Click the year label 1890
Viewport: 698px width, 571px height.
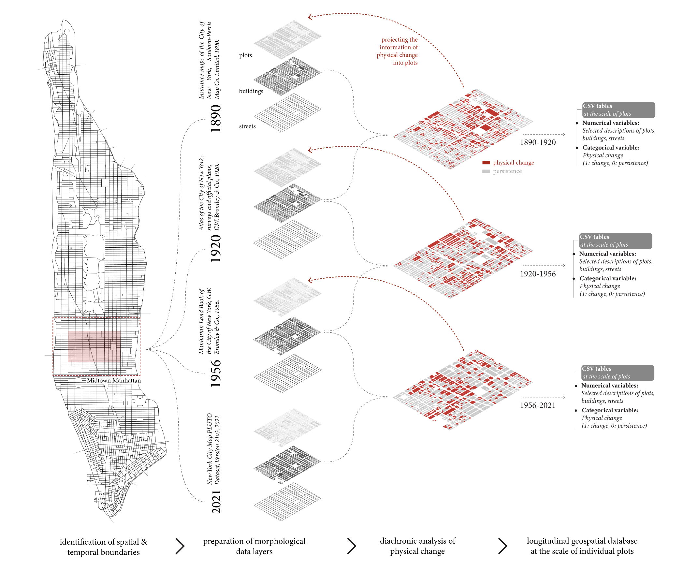[x=216, y=119]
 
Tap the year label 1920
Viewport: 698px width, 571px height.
[x=216, y=249]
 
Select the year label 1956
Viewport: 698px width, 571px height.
[x=216, y=373]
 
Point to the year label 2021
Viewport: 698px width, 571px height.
[x=216, y=502]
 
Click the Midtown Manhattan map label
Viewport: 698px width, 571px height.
[x=114, y=381]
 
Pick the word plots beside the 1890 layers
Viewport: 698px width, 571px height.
[x=246, y=55]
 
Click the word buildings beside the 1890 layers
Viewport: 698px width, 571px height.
[x=251, y=91]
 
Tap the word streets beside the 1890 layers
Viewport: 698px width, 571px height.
[x=247, y=126]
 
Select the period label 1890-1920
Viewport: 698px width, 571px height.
[x=538, y=142]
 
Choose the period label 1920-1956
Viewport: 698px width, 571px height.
[x=538, y=274]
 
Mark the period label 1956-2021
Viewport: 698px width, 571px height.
[x=538, y=405]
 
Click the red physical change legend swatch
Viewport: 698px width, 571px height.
[x=486, y=163]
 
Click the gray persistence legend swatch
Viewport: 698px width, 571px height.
[x=486, y=171]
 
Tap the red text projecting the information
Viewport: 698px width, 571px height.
[x=398, y=51]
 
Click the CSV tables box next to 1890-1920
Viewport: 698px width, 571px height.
[x=618, y=110]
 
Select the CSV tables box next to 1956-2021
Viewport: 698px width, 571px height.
[x=618, y=373]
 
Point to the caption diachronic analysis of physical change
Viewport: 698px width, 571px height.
[x=417, y=546]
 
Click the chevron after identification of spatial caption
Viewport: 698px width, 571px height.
[x=180, y=546]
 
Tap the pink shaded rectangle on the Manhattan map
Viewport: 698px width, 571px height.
[x=94, y=347]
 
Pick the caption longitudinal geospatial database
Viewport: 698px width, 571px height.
[x=582, y=546]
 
